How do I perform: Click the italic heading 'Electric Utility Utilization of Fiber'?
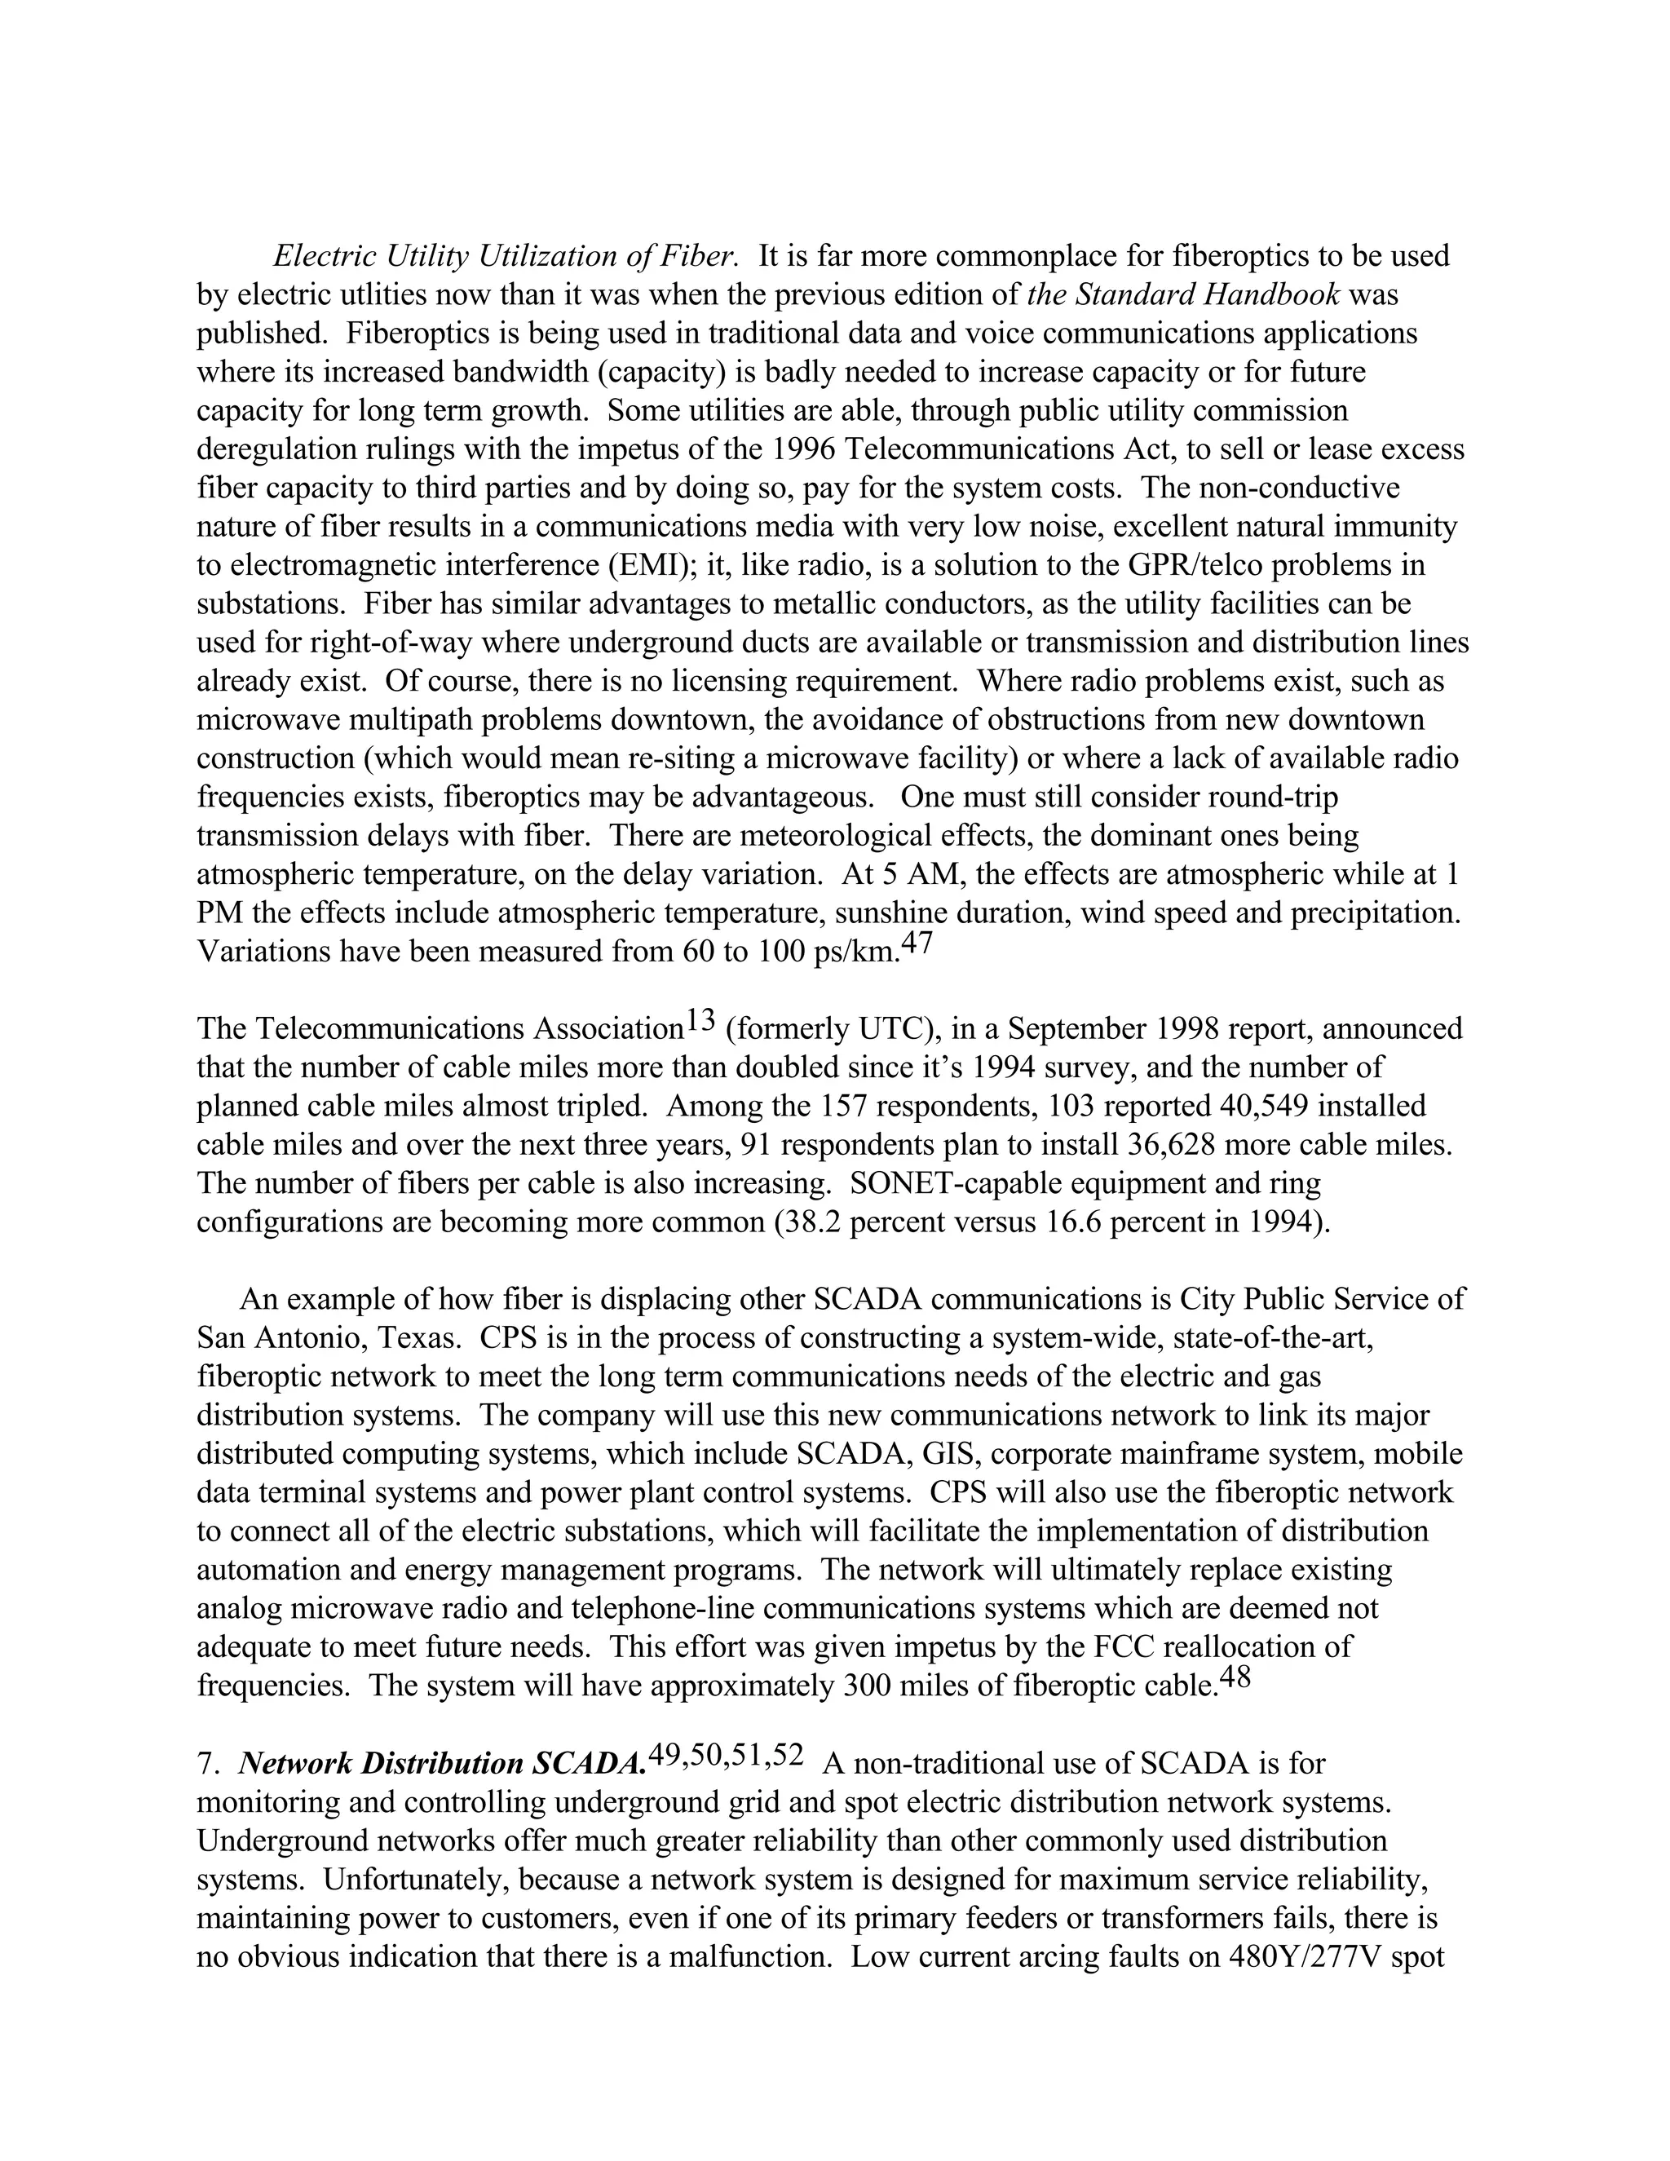click(506, 256)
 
